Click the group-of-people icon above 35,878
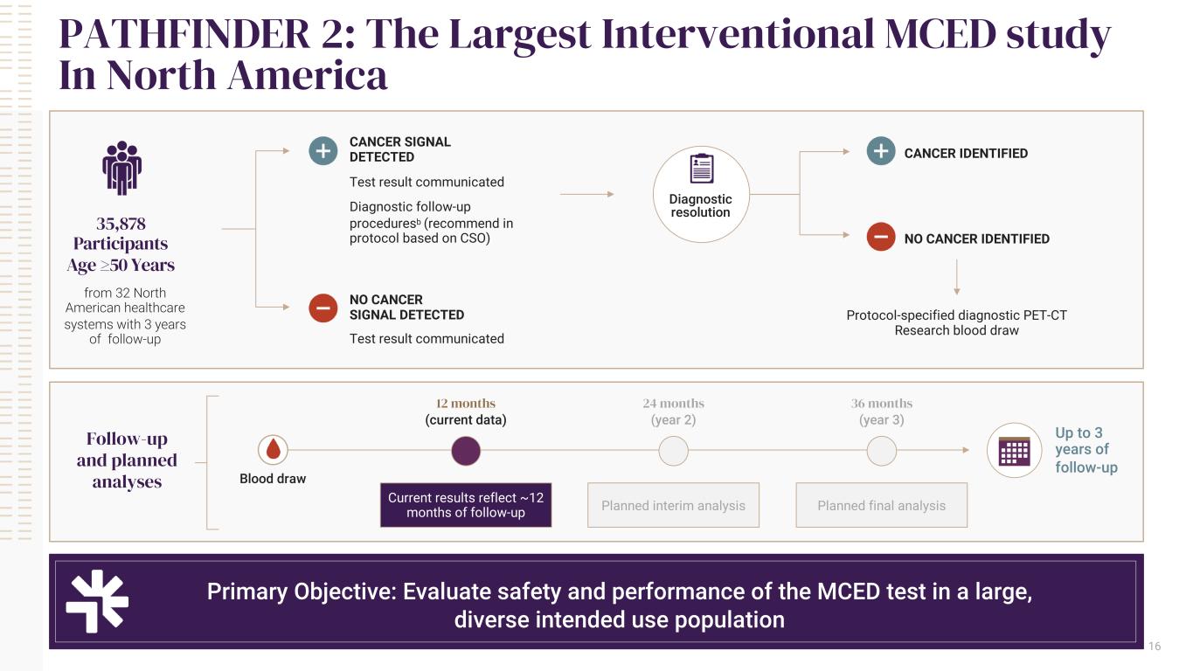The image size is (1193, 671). click(x=122, y=168)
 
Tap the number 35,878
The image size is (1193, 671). click(x=121, y=223)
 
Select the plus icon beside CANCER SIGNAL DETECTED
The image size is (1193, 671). click(x=323, y=150)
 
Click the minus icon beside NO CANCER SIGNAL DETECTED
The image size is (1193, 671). click(x=323, y=308)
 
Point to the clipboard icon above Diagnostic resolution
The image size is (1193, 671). click(x=702, y=169)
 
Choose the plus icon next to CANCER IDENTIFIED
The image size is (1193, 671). click(x=881, y=150)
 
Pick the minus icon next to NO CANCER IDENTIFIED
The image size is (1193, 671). click(x=881, y=237)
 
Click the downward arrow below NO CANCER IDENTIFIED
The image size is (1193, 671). click(x=956, y=277)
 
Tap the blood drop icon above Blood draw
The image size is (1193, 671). click(x=273, y=450)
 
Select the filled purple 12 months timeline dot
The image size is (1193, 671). click(x=466, y=451)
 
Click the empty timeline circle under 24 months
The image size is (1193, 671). click(x=673, y=451)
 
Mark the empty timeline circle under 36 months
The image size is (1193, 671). click(x=882, y=451)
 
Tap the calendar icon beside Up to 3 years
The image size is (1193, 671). click(x=1014, y=451)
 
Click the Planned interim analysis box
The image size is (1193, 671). click(x=673, y=505)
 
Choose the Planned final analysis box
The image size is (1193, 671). click(x=882, y=505)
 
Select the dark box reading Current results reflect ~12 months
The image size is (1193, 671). click(x=466, y=505)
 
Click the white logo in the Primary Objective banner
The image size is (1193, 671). click(x=97, y=601)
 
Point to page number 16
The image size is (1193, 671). click(x=1155, y=646)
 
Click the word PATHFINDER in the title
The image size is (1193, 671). click(x=184, y=34)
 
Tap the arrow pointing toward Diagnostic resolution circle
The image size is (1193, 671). click(x=587, y=194)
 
